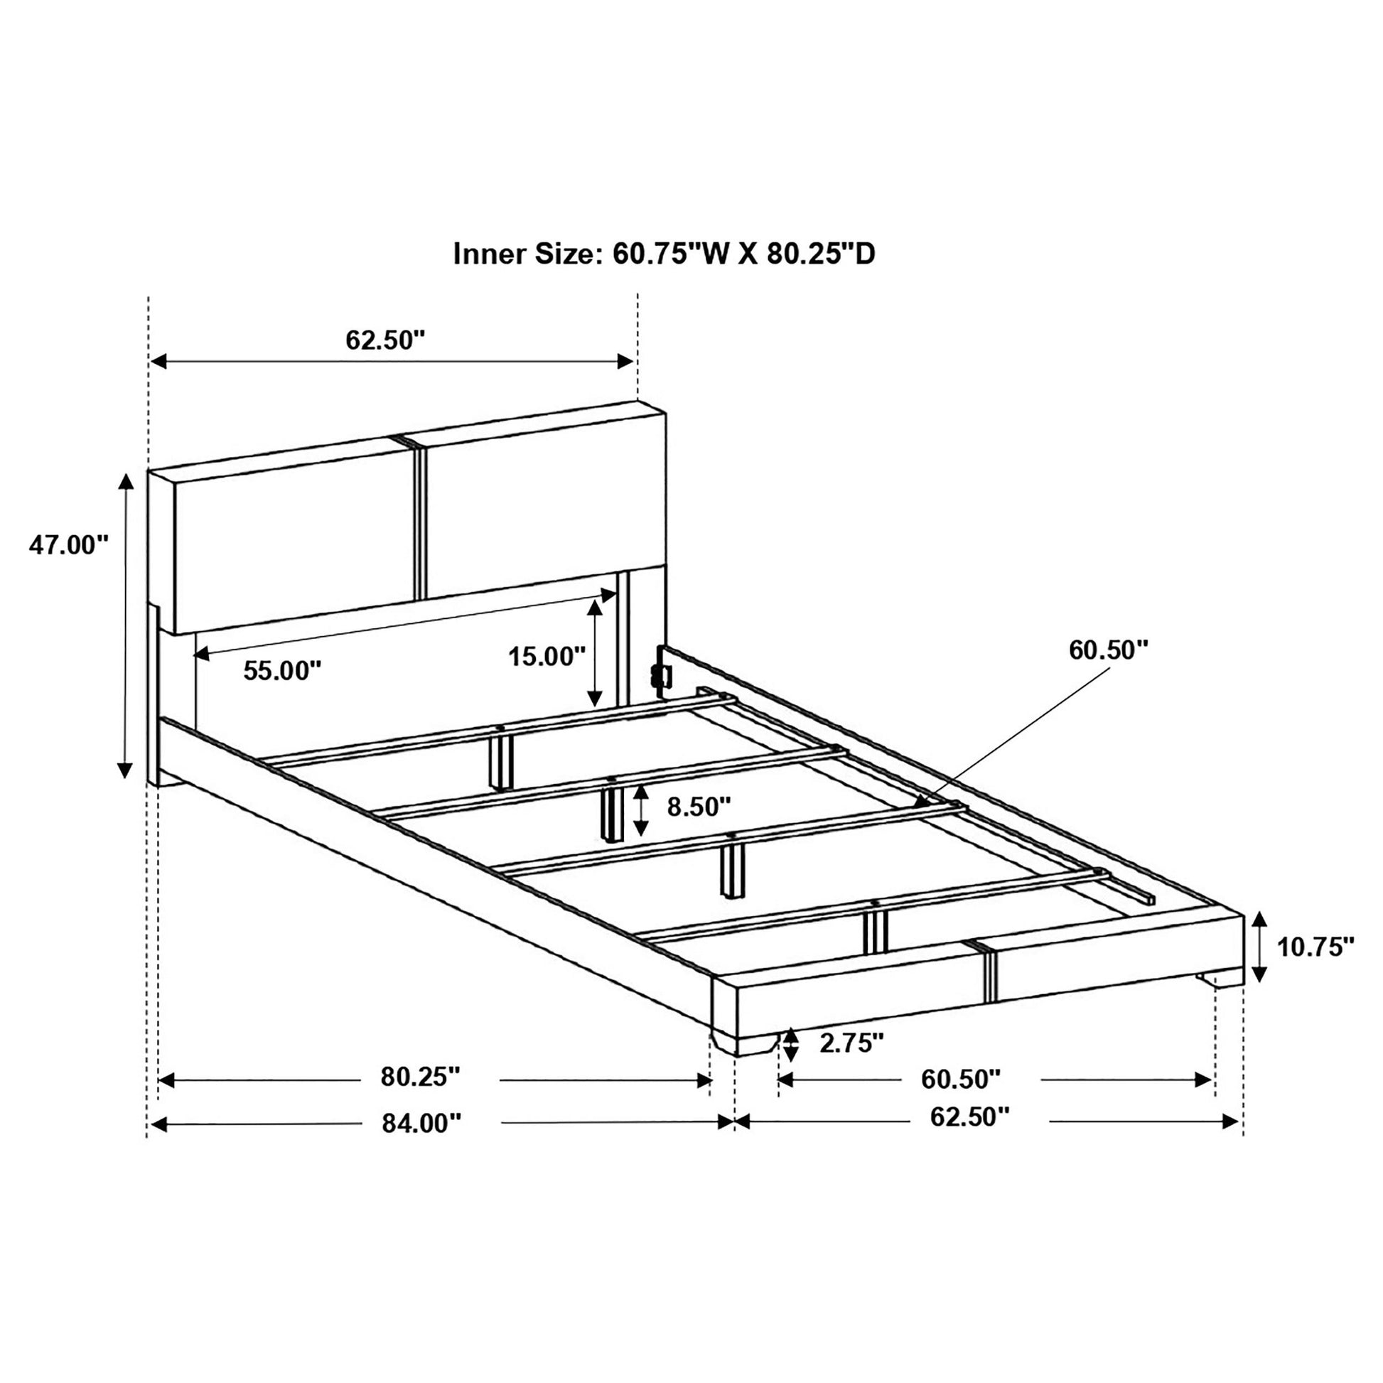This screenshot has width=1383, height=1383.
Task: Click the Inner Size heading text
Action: click(x=664, y=254)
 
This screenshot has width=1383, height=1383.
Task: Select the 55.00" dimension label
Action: click(x=282, y=671)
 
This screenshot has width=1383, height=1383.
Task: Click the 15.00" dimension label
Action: click(x=547, y=656)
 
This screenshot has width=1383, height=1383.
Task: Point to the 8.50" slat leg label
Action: click(x=699, y=807)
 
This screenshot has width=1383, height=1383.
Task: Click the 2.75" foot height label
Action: click(x=851, y=1043)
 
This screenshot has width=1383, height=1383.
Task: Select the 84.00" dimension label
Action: click(x=421, y=1123)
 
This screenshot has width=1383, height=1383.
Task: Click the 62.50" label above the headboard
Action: click(x=385, y=340)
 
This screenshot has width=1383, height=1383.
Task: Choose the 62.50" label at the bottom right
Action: click(x=969, y=1116)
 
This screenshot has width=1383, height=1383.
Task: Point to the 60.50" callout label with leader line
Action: click(x=1108, y=650)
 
